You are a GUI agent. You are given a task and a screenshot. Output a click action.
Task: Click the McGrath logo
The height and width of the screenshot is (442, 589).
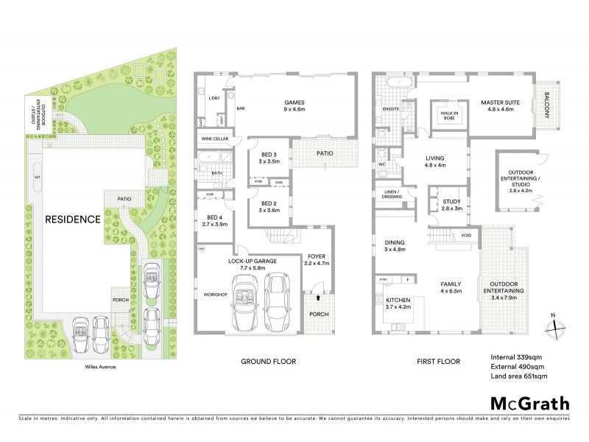coord(529,403)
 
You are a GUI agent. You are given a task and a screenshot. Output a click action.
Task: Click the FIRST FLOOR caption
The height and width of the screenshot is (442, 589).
coord(438,362)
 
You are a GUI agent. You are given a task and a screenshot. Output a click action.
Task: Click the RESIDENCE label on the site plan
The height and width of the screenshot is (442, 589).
coord(72,219)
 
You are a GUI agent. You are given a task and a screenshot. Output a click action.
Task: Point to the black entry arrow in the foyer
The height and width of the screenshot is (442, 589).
coord(317,298)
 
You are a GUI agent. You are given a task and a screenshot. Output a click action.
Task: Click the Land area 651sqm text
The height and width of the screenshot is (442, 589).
coord(519,376)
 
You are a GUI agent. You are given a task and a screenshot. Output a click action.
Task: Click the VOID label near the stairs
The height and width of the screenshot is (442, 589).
coord(466,236)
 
